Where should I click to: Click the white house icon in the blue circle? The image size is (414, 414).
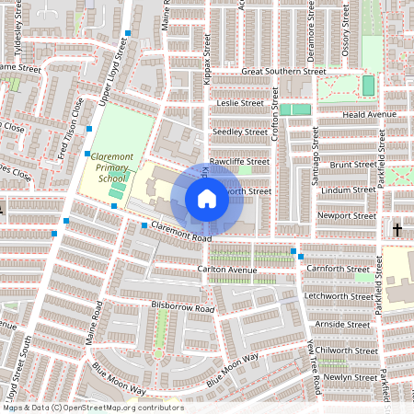[207, 198]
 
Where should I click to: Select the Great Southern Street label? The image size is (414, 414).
[283, 71]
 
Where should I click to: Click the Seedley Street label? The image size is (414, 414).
[240, 132]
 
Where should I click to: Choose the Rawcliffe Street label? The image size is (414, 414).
[239, 161]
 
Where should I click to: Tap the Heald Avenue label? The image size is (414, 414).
[369, 114]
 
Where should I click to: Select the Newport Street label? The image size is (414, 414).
[347, 216]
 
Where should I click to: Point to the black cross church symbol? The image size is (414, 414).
[398, 228]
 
